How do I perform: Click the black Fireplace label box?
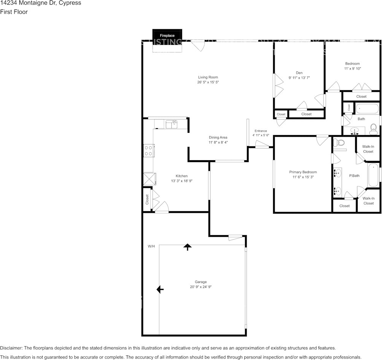coord(167,35)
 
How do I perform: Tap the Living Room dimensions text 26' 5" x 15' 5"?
coord(208,82)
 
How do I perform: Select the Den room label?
coord(299,73)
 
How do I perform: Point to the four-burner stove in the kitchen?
coord(148,151)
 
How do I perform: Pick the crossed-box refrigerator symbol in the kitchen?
coord(149,179)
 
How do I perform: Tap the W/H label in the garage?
coord(151,247)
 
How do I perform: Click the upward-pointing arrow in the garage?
coord(187,247)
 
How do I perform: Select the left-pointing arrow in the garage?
coord(160,290)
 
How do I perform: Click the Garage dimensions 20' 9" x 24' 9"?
coord(201,287)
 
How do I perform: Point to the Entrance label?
coord(261,131)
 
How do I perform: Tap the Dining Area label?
coord(218,137)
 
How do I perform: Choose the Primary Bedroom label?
coord(303,172)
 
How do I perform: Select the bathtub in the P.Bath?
coord(373,175)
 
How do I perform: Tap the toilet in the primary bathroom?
coord(339,143)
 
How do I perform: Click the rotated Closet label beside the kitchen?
coord(147,199)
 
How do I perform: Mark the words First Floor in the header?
coord(14,12)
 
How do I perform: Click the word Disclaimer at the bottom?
coord(11,348)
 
